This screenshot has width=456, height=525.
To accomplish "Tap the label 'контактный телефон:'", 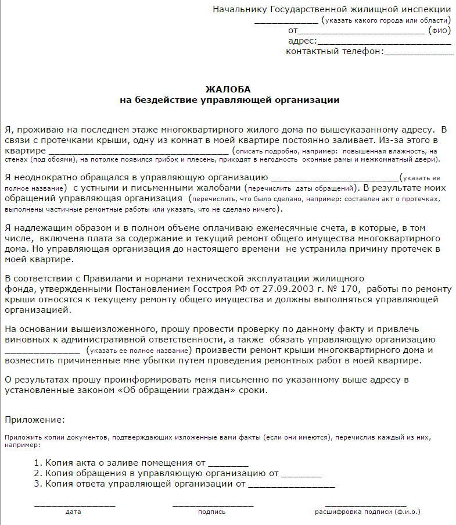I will pos(335,51).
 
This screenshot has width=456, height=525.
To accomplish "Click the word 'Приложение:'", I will pos(35,419).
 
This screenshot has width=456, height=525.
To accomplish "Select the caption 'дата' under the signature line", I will pos(73,512).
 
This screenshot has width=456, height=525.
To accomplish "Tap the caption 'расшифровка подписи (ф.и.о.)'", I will pos(367,512).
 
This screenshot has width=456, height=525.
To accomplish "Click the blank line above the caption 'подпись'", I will pos(213,504).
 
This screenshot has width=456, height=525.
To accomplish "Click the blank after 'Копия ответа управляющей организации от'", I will pos(291,484).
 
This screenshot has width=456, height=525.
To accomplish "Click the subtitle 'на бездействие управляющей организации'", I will pos(229,100).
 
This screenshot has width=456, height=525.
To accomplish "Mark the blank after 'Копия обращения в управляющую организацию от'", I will pos(301,474).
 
